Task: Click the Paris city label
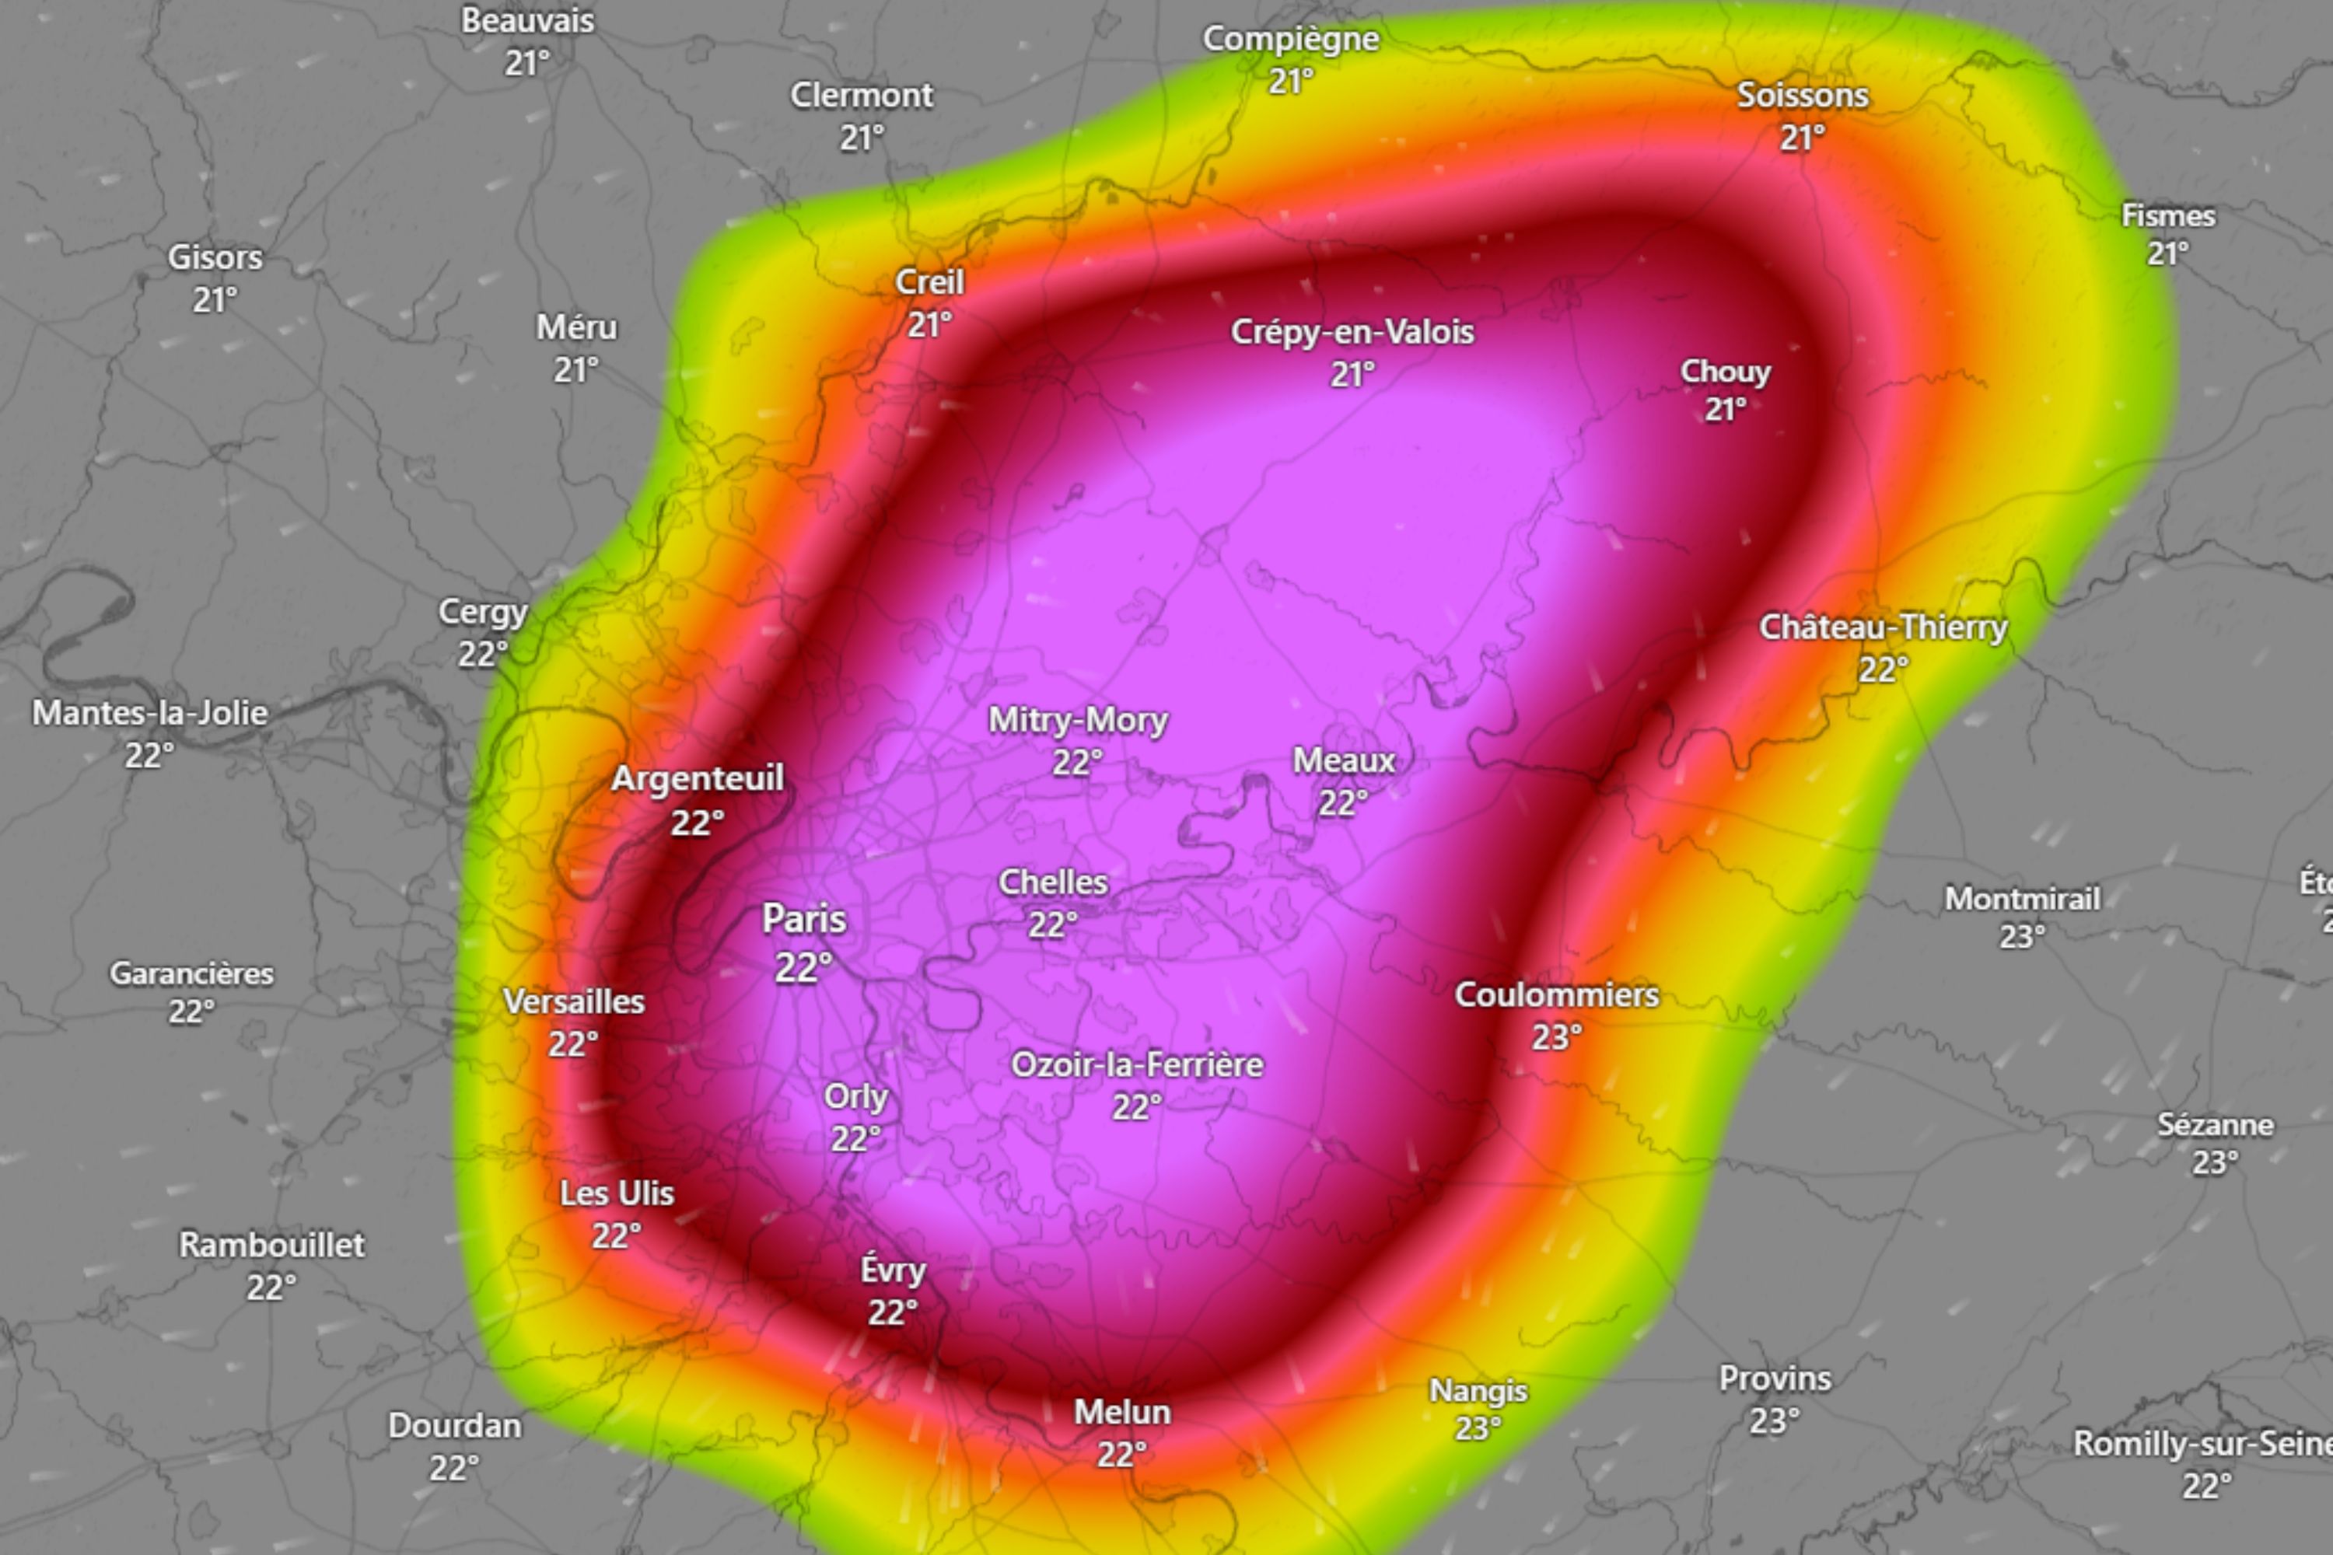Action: pyautogui.click(x=803, y=919)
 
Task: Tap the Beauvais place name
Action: pyautogui.click(x=528, y=21)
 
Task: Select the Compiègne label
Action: pyautogui.click(x=1290, y=39)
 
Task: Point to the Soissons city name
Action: pyautogui.click(x=1803, y=95)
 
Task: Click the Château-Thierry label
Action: pyautogui.click(x=1883, y=627)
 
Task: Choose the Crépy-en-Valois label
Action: pyautogui.click(x=1352, y=331)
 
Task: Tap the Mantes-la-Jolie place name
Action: pyautogui.click(x=150, y=712)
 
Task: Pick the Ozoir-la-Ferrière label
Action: pyautogui.click(x=1137, y=1064)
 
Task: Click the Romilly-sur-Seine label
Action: pyautogui.click(x=2202, y=1443)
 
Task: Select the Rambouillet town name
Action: pyautogui.click(x=271, y=1245)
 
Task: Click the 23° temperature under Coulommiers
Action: pyautogui.click(x=1556, y=1037)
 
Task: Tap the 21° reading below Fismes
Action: pyautogui.click(x=2167, y=254)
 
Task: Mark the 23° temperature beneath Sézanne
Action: pyautogui.click(x=2215, y=1162)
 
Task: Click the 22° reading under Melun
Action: pyautogui.click(x=1122, y=1455)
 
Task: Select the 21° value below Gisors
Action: pyautogui.click(x=215, y=299)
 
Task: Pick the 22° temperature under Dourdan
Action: pyautogui.click(x=454, y=1468)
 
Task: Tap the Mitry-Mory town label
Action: pyautogui.click(x=1077, y=720)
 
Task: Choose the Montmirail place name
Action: pyautogui.click(x=2021, y=899)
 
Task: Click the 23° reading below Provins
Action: pyautogui.click(x=1775, y=1421)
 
